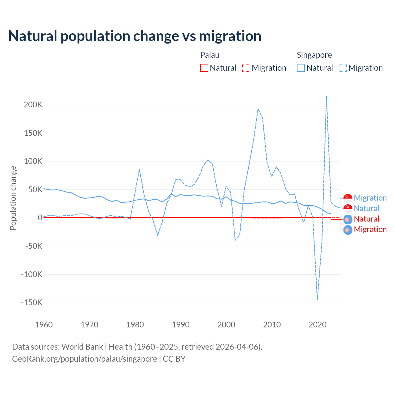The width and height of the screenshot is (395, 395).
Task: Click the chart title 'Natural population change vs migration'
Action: [135, 36]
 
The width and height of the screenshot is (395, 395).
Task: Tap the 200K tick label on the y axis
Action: [33, 105]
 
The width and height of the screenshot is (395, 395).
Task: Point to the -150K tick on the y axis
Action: [32, 302]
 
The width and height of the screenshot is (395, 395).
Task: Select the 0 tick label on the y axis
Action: [40, 218]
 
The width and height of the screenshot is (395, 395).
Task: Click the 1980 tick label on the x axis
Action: [135, 325]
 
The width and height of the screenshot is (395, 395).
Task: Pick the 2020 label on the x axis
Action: [318, 325]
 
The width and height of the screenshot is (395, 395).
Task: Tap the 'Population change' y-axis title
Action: [13, 198]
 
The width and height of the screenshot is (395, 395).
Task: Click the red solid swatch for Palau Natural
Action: [204, 68]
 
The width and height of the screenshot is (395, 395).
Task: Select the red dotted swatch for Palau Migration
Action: [246, 68]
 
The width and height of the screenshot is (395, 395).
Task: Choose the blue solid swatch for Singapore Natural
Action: [301, 68]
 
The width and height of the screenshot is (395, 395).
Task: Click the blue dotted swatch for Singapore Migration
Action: [343, 68]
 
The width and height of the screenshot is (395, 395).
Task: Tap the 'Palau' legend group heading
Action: [210, 55]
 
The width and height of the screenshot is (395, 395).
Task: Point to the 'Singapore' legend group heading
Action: [314, 55]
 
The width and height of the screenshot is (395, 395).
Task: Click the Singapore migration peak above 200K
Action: [326, 97]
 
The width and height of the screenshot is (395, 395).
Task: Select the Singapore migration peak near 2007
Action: [258, 109]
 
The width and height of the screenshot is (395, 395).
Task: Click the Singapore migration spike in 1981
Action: [139, 169]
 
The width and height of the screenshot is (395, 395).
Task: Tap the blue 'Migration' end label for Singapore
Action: [370, 198]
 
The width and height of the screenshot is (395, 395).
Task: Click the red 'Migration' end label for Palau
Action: [370, 229]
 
